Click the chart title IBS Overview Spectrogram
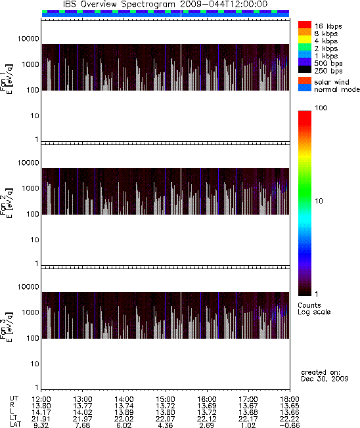[x=119, y=5]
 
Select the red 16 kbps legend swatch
[x=305, y=25]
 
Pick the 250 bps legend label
[x=328, y=71]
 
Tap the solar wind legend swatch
[x=305, y=81]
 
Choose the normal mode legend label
[x=337, y=89]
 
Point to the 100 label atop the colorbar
[x=321, y=108]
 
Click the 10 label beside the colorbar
[x=319, y=201]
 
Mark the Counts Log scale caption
[x=314, y=309]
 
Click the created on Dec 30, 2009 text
[x=325, y=375]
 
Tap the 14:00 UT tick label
[x=124, y=399]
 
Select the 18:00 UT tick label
[x=290, y=399]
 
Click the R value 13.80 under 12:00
[x=41, y=406]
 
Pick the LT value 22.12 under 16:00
[x=207, y=419]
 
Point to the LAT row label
[x=16, y=425]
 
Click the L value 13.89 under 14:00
[x=124, y=412]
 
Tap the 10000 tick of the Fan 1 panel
[x=28, y=39]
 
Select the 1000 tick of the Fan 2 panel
[x=30, y=188]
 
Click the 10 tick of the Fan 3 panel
[x=35, y=364]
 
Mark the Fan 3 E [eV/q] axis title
[x=6, y=326]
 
